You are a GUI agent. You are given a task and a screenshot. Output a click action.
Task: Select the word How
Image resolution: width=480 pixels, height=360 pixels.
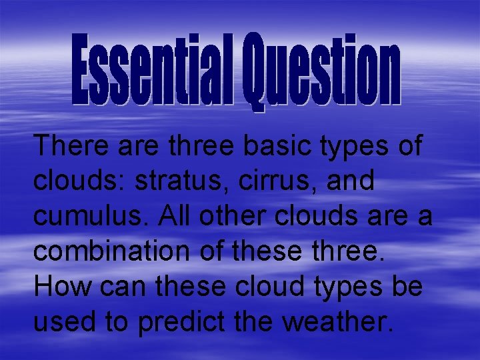coord(63,287)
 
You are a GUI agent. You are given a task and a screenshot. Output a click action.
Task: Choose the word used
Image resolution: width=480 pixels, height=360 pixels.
coord(63,323)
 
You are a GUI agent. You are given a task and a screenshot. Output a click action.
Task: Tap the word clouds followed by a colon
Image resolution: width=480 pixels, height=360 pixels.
coord(78,181)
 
